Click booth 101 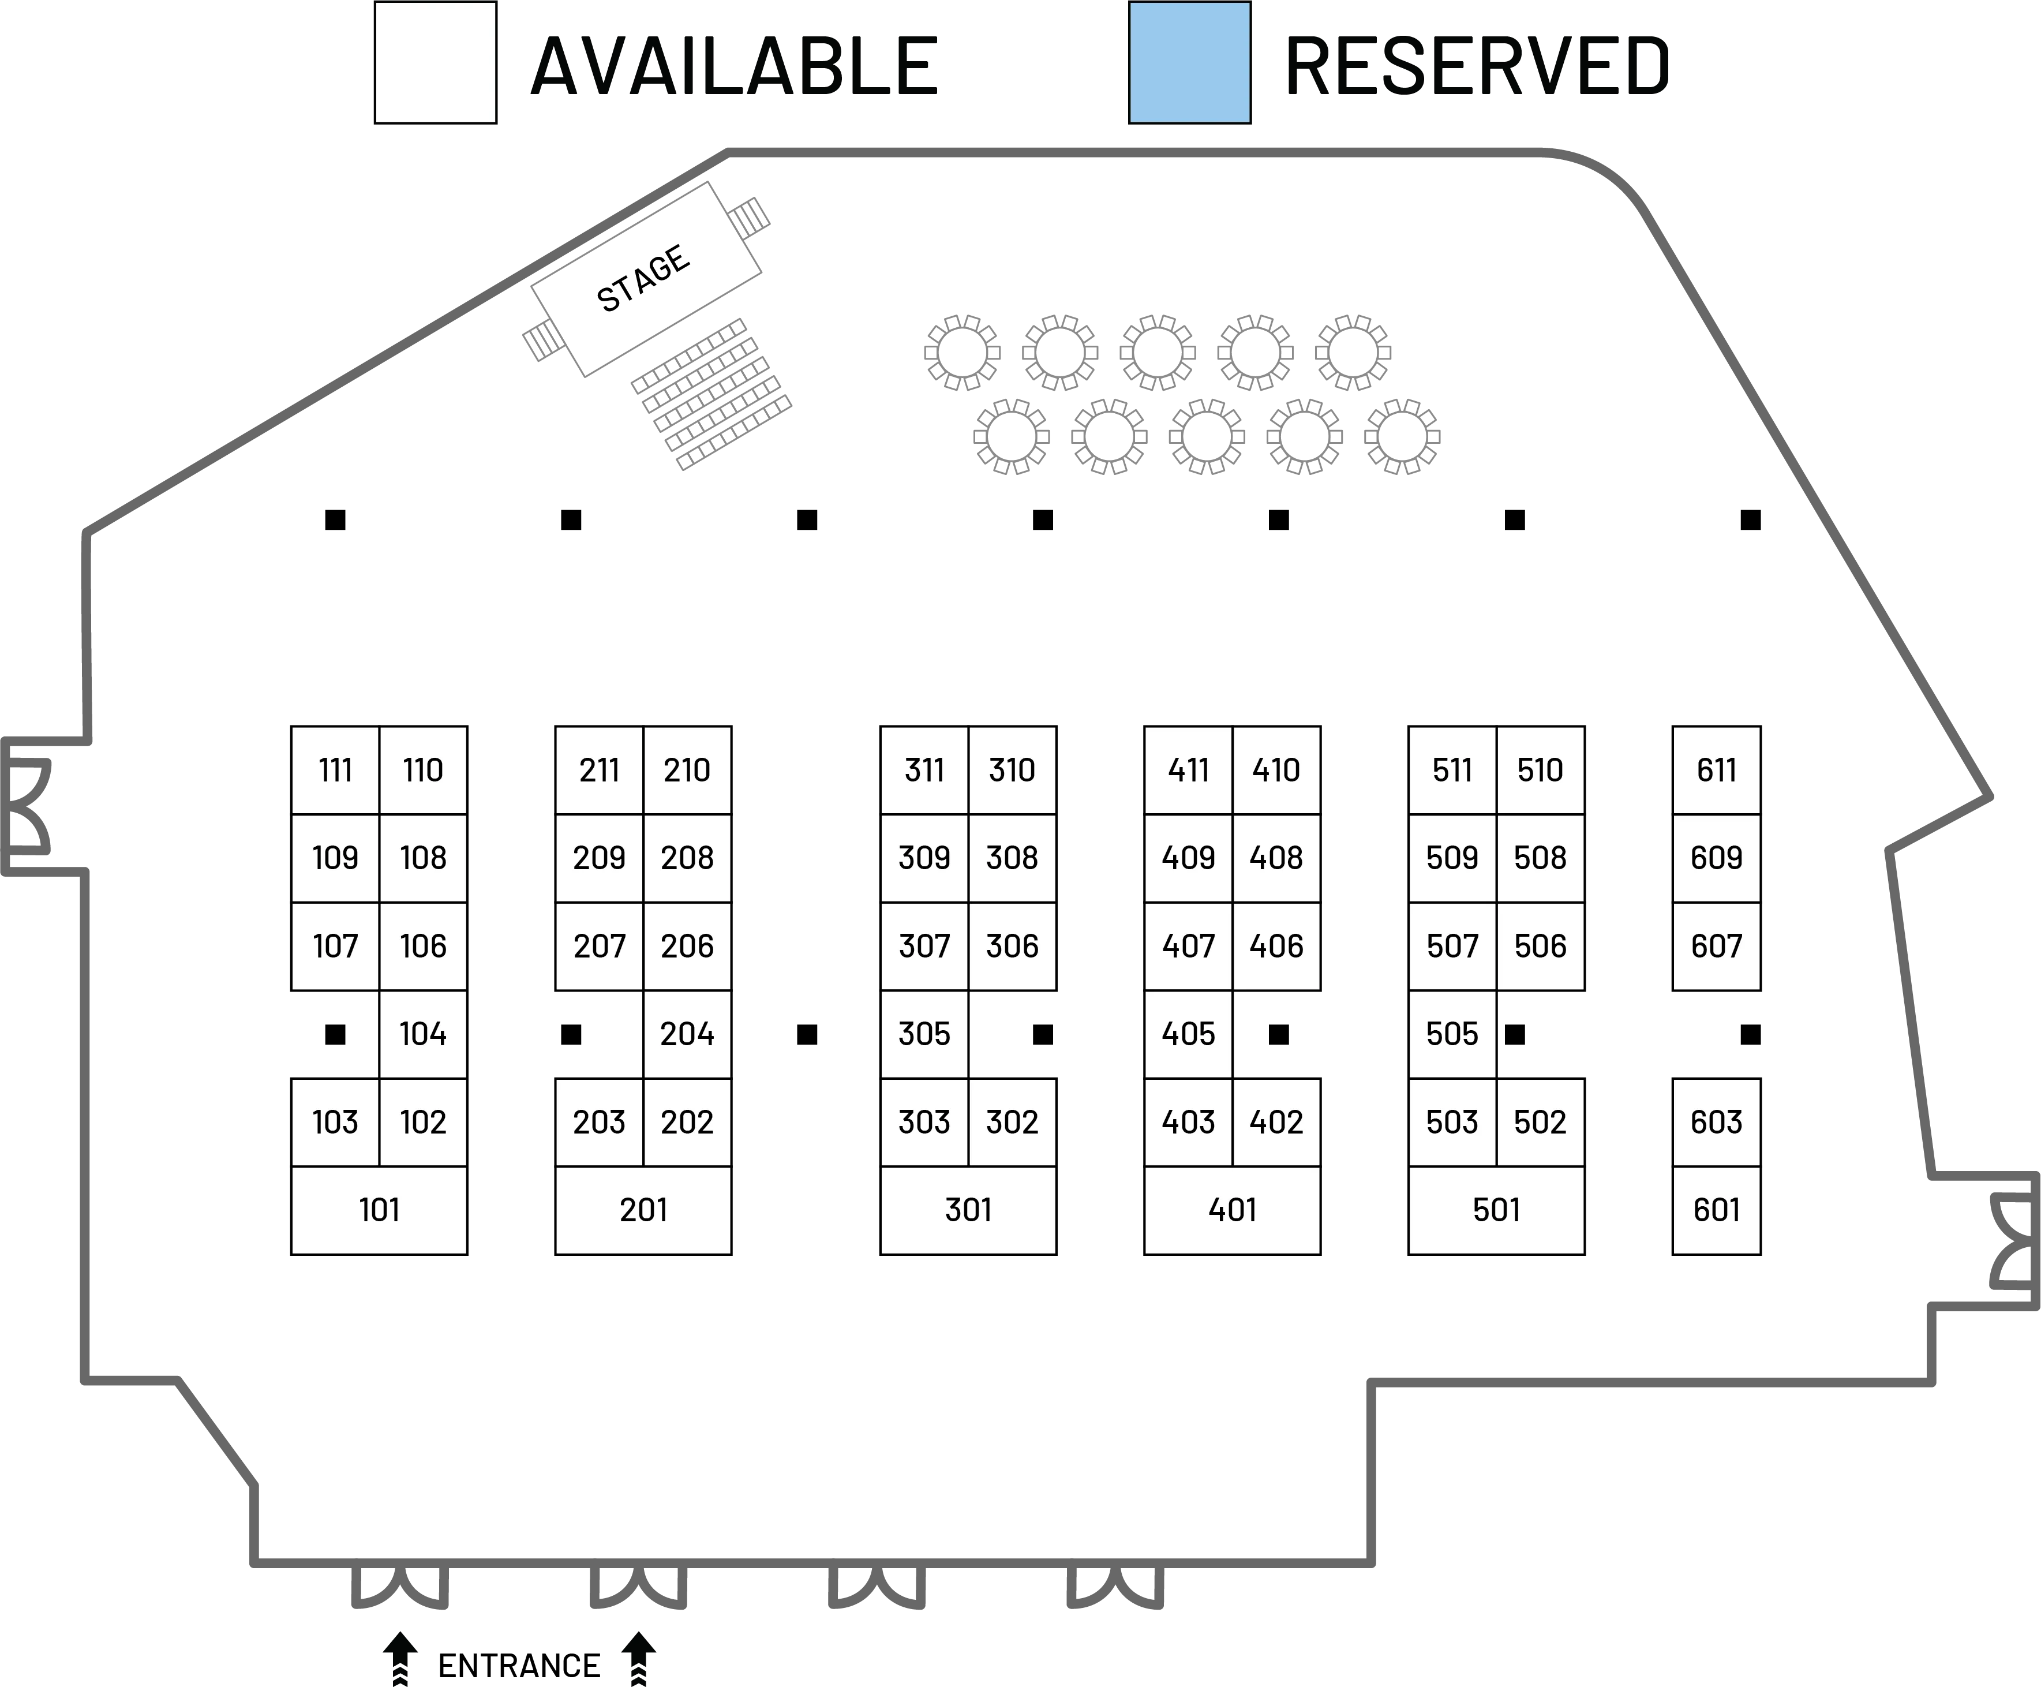pyautogui.click(x=379, y=1210)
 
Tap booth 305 pyautogui.click(x=924, y=1033)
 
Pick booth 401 pyautogui.click(x=1232, y=1210)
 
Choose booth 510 pyautogui.click(x=1540, y=770)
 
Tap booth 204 pyautogui.click(x=687, y=1033)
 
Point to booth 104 pyautogui.click(x=422, y=1033)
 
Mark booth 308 pyautogui.click(x=1012, y=857)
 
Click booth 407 pyautogui.click(x=1188, y=945)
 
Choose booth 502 pyautogui.click(x=1540, y=1121)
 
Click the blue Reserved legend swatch pyautogui.click(x=1190, y=63)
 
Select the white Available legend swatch pyautogui.click(x=435, y=63)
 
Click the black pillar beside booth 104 pyautogui.click(x=334, y=1034)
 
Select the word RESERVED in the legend pyautogui.click(x=1477, y=65)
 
